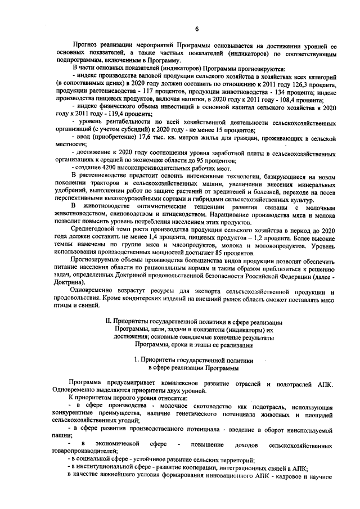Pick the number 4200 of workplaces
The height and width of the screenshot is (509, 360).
[105, 166]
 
